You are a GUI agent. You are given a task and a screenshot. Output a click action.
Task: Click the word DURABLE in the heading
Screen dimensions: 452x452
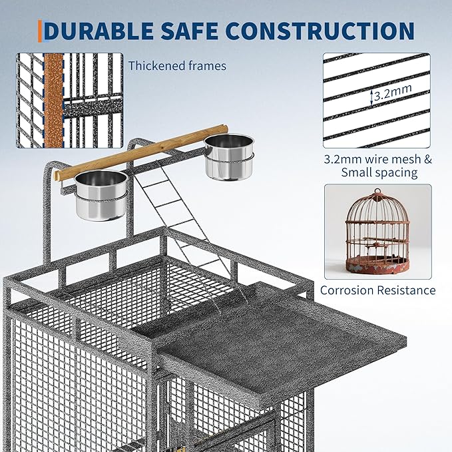(108, 31)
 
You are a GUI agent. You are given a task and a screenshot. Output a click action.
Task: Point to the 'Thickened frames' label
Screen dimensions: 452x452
(177, 66)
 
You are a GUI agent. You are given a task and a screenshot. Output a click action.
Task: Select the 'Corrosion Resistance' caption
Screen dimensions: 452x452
(378, 290)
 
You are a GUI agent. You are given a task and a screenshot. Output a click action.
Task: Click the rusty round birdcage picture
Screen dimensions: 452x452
(377, 232)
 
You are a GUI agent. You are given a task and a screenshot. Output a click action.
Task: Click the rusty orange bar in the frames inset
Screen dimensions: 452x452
(53, 100)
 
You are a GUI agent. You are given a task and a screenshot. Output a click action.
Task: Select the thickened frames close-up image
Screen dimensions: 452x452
(69, 100)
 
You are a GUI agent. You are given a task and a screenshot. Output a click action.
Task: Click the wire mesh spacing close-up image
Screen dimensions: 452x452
(377, 100)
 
